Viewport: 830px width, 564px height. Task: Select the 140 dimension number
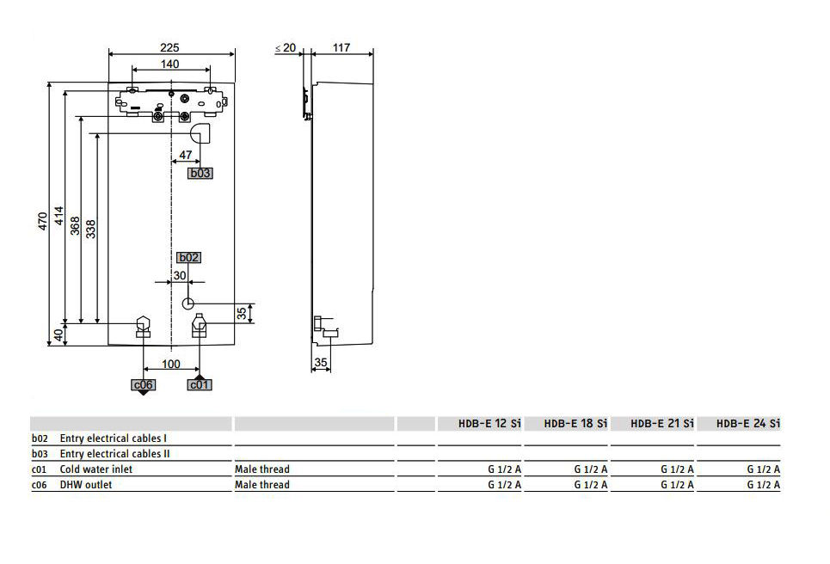170,64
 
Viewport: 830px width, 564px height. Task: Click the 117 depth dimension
341,48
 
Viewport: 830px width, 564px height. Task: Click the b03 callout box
200,173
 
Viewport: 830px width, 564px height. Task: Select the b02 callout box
188,257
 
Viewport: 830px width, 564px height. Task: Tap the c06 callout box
143,384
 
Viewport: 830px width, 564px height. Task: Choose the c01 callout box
199,384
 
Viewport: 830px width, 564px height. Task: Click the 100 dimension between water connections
170,365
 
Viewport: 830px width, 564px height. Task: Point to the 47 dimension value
185,156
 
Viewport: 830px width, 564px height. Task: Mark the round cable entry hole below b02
189,303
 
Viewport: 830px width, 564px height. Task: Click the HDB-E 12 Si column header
490,423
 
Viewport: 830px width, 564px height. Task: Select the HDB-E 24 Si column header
747,423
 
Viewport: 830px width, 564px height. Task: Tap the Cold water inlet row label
96,469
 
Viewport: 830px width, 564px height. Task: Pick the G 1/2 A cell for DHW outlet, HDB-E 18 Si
591,485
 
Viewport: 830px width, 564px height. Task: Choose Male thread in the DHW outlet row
262,485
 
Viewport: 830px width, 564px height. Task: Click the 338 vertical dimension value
91,227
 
